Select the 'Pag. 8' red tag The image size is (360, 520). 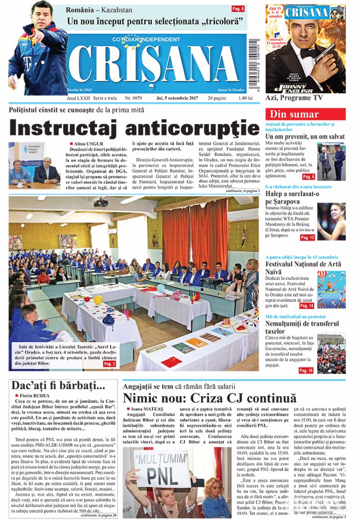tap(238, 9)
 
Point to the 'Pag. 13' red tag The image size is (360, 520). tap(307, 237)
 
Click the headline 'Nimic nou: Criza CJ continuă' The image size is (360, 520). tap(209, 398)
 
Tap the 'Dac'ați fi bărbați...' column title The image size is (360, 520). tap(58, 386)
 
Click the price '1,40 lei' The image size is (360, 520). tap(238, 98)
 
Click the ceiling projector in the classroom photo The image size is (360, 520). tap(101, 203)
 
